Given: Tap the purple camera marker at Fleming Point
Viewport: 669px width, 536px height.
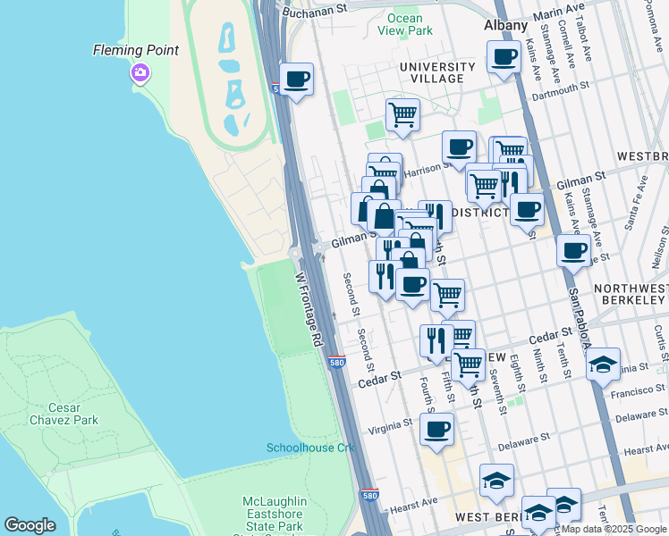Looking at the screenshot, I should click(140, 73).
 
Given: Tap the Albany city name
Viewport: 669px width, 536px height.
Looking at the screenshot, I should click(505, 25).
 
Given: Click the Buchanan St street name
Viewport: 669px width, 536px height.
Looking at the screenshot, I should click(314, 10).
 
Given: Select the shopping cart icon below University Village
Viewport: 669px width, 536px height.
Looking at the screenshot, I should click(402, 114).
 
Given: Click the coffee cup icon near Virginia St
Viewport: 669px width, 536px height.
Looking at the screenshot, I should click(436, 429).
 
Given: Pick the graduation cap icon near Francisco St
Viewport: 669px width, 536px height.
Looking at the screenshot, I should click(603, 364).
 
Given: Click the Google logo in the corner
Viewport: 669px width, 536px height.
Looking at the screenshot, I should click(30, 525).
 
